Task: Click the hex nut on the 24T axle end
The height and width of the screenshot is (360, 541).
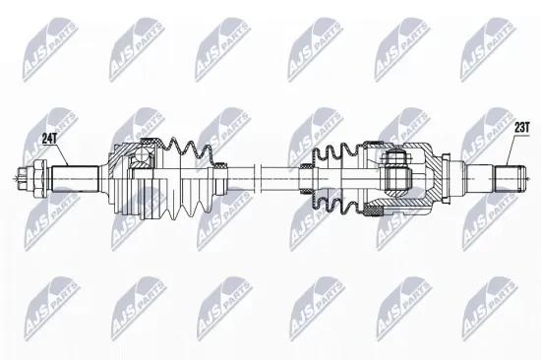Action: (40, 179)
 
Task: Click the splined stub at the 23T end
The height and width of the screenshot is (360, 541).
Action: (507, 179)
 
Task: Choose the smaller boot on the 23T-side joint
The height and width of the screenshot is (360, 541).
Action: (339, 177)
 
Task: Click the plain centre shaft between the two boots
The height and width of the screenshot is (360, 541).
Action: (266, 178)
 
